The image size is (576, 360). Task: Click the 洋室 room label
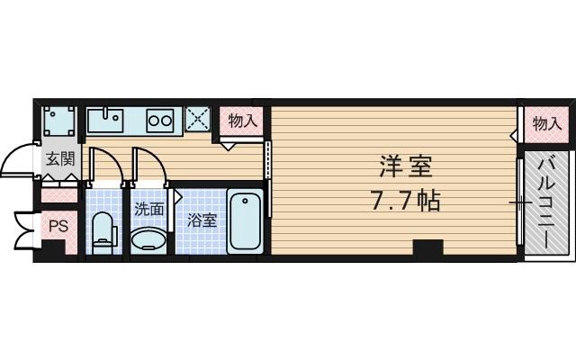405,166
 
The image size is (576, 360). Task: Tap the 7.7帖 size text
405,200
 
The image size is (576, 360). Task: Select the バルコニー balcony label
546,202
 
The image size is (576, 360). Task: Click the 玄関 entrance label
59,161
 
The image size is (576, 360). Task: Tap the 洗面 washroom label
148,210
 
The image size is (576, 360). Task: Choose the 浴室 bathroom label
202,220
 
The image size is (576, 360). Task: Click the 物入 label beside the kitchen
242,120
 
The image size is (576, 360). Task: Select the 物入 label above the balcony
545,124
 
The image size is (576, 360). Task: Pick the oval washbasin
148,239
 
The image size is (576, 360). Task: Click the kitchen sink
110,118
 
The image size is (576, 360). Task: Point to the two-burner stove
160,119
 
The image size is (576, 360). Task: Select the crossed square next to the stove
197,119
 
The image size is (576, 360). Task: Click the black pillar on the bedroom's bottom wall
427,247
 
